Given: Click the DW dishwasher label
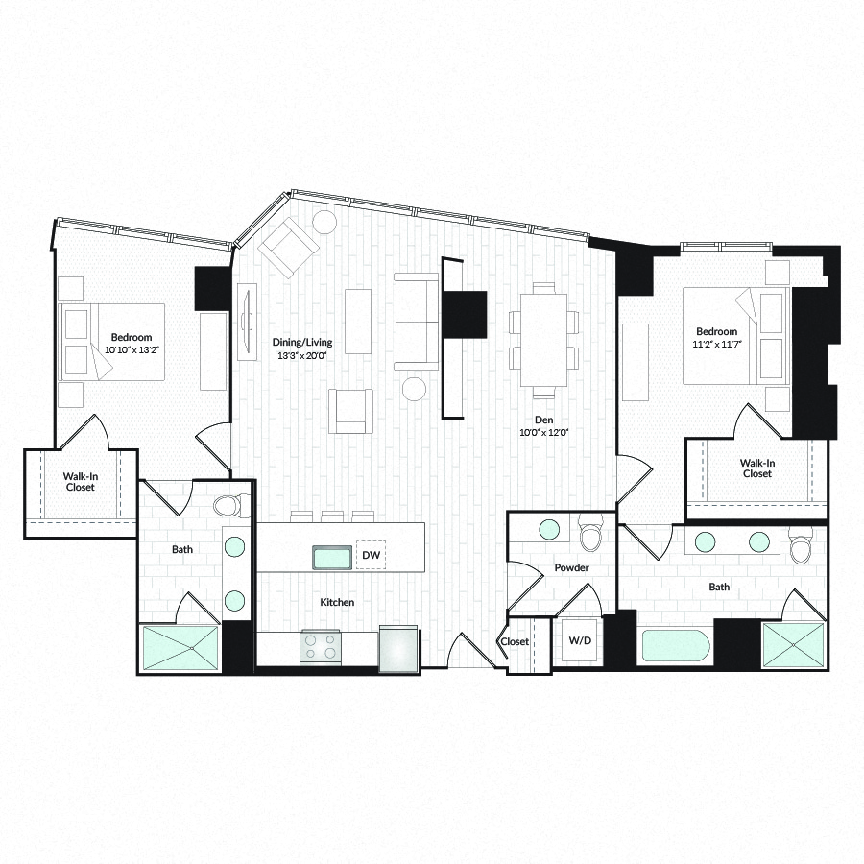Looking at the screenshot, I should click(370, 555).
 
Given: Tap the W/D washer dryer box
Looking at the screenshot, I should click(579, 640).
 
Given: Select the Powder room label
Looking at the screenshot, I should click(571, 567).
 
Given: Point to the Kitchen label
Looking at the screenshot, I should click(337, 602).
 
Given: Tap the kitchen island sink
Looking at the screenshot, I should click(333, 557).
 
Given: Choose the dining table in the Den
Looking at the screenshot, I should click(543, 340).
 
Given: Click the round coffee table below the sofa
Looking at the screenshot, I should click(414, 388).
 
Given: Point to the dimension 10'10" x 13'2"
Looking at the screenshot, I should click(131, 349).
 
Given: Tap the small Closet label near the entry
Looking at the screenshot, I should click(514, 641).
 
